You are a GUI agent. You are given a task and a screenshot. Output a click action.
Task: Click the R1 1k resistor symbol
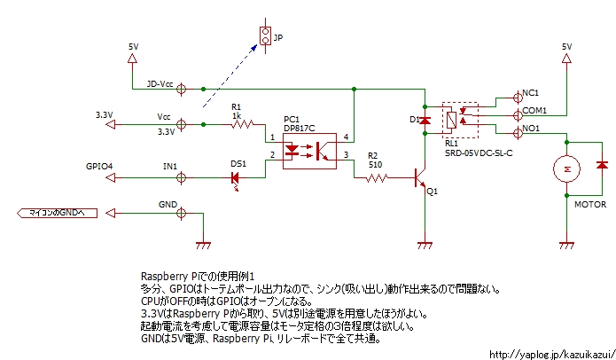point(243,124)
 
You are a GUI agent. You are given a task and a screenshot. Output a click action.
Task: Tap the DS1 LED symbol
point(236,177)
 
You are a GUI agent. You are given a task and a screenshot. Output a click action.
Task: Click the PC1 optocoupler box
point(305,151)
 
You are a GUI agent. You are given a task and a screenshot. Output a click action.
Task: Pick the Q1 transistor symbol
point(421,178)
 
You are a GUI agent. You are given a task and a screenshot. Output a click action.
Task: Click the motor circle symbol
point(565,167)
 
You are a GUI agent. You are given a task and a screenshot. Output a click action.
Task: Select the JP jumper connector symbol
point(263,35)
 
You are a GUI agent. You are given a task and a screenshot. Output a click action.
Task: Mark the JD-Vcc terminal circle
point(182,89)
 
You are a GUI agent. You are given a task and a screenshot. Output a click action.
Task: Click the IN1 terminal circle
point(182,177)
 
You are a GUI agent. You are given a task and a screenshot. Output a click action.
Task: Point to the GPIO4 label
point(98,166)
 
